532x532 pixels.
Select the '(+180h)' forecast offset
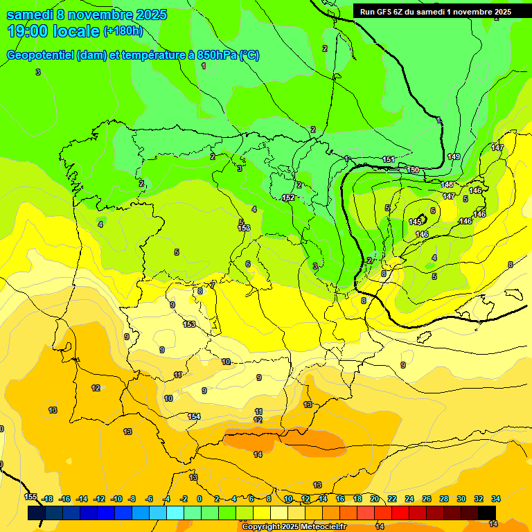pyautogui.click(x=123, y=30)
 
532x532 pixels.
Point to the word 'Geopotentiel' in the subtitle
pyautogui.click(x=39, y=55)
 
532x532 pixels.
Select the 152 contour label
pyautogui.click(x=288, y=198)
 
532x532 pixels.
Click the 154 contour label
pyautogui.click(x=194, y=416)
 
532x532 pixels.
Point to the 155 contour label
pyautogui.click(x=30, y=497)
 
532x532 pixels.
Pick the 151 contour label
pyautogui.click(x=389, y=160)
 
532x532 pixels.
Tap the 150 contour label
pyautogui.click(x=413, y=170)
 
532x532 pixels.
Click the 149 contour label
pyautogui.click(x=454, y=157)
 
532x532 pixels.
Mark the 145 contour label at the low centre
pyautogui.click(x=415, y=222)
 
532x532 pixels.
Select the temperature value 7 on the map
pyautogui.click(x=213, y=284)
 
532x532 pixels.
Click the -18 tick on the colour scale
pyautogui.click(x=47, y=499)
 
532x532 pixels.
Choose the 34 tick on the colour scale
pyautogui.click(x=496, y=499)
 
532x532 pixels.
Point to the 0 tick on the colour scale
pyautogui.click(x=199, y=499)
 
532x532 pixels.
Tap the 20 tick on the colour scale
pyautogui.click(x=375, y=499)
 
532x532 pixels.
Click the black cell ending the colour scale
pyautogui.click(x=487, y=513)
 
